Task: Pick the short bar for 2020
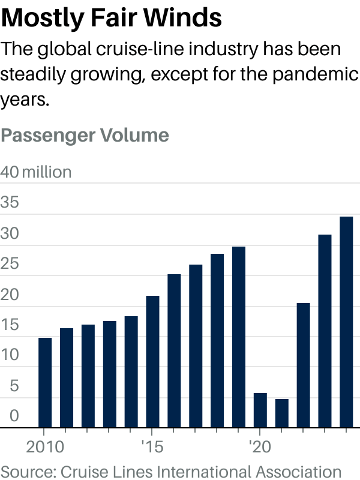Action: (x=260, y=410)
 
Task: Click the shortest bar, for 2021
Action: (x=282, y=413)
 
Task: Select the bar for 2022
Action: (x=304, y=365)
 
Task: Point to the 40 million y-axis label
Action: (x=36, y=172)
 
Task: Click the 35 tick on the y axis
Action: (x=10, y=203)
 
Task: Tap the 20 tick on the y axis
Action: (x=10, y=295)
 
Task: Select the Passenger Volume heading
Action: (x=85, y=135)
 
